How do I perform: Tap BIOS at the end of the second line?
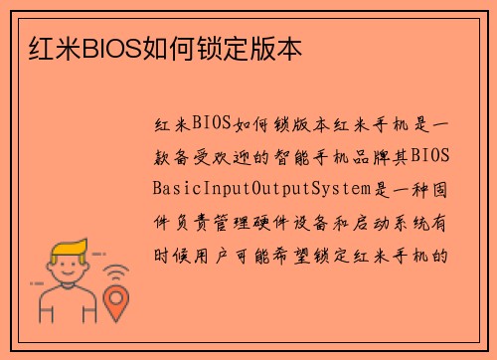[x=430, y=155]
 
